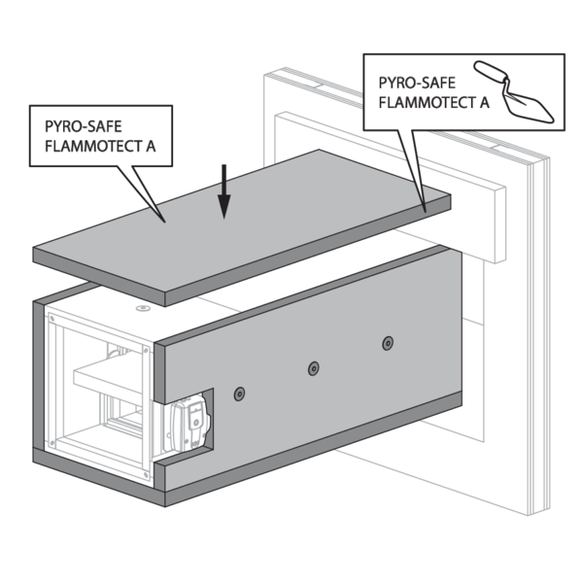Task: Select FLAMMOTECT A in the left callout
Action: coord(101,149)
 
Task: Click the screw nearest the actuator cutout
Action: coord(239,394)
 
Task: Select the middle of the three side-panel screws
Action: coord(312,368)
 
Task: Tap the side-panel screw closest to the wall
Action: coord(388,342)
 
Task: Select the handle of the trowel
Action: coord(490,72)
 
